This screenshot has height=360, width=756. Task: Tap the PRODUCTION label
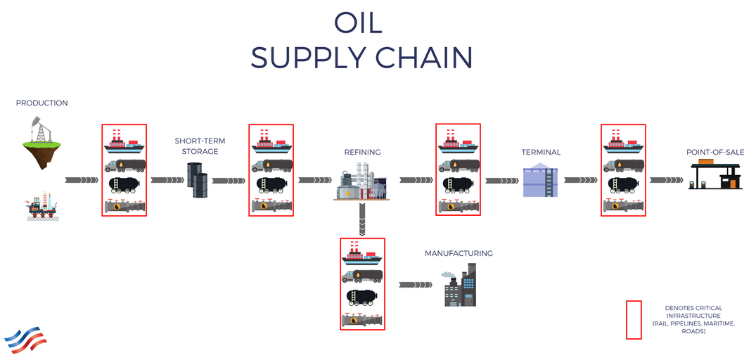42,103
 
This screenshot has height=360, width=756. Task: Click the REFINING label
362,152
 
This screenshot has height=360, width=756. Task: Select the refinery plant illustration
360,183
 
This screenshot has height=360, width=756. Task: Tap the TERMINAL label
541,152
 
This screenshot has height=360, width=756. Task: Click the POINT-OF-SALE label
715,152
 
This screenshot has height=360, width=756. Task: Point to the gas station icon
715,175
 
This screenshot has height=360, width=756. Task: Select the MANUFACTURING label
459,254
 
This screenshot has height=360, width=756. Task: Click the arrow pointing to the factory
415,285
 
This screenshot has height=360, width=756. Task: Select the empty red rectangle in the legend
634,320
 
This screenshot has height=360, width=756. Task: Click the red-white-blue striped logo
26,339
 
